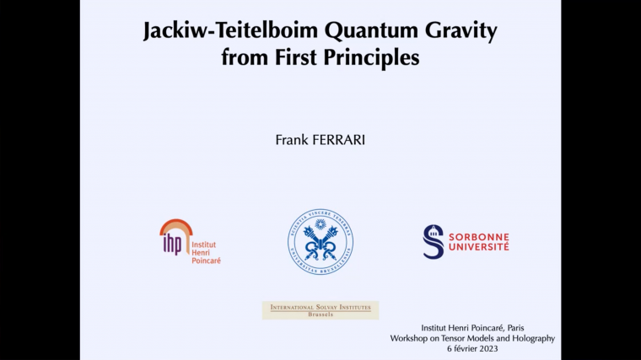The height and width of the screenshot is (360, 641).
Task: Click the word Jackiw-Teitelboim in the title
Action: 221,32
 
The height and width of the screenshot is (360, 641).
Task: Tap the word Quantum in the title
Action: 364,32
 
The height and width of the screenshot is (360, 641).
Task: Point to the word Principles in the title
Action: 369,58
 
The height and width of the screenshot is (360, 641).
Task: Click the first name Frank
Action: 292,140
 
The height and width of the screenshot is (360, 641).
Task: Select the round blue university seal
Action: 320,242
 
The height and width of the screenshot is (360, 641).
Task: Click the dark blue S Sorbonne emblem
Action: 433,241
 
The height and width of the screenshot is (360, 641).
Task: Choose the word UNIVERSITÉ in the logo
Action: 477,248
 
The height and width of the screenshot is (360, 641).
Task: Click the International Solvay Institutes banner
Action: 320,309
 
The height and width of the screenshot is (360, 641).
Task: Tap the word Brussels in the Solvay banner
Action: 320,314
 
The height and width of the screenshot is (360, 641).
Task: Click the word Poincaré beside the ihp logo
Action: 207,261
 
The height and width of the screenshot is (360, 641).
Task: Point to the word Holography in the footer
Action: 530,337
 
